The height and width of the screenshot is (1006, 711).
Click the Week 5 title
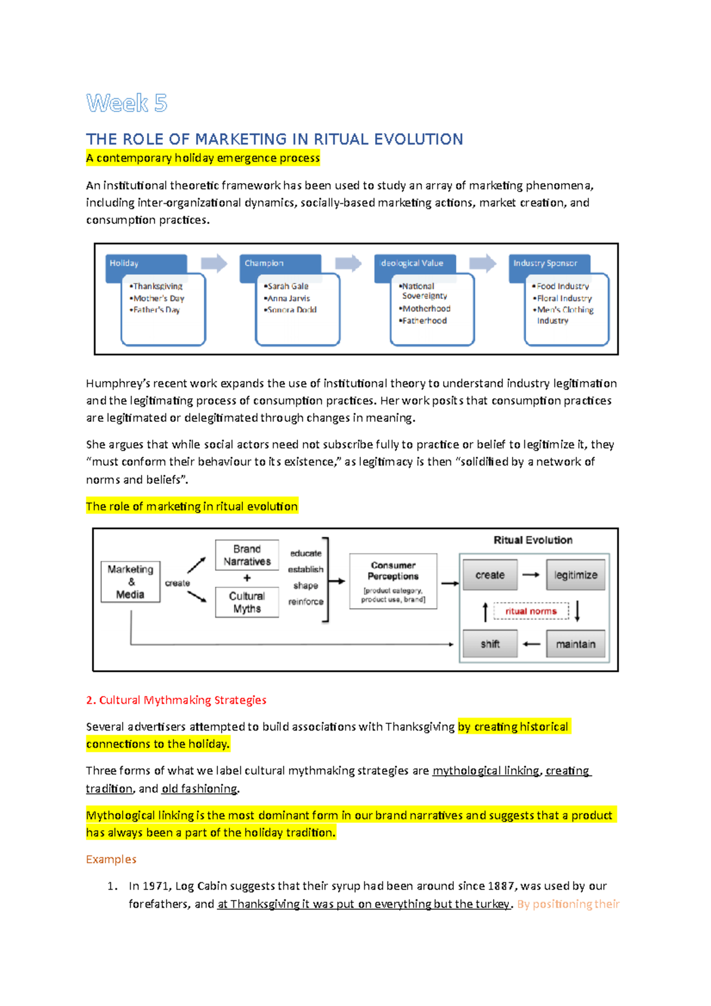126,103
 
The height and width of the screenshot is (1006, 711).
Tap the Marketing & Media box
130,582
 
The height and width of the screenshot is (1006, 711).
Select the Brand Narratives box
247,555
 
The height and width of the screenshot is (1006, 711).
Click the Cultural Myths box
247,602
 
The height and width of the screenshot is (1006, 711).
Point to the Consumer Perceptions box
393,581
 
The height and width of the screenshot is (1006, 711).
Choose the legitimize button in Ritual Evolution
575,575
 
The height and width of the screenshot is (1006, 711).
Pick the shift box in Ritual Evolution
490,644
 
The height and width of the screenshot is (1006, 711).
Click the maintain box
575,644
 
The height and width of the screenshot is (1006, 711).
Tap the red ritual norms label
531,611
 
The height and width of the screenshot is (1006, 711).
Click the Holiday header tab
146,263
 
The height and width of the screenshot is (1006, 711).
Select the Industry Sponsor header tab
548,263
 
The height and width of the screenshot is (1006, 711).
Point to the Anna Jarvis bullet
289,298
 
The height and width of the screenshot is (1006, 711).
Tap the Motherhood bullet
426,309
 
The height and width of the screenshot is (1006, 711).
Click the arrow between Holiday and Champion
214,263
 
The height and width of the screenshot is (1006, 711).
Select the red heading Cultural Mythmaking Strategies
176,700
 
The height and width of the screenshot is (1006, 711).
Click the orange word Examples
111,859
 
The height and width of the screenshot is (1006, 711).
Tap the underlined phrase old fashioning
199,789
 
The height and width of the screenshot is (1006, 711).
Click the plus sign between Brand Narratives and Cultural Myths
247,578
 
